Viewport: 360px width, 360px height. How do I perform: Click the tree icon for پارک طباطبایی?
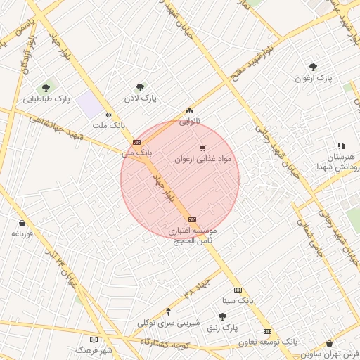pos(46,88)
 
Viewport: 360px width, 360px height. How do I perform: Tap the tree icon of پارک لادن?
pos(140,88)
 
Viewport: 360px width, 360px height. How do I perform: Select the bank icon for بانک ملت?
pos(108,114)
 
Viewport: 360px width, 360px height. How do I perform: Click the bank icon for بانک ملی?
pos(136,142)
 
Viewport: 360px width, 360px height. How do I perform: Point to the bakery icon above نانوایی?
pos(188,110)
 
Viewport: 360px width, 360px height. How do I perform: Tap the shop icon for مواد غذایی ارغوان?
pos(202,148)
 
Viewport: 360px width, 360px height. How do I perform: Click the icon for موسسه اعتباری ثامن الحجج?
pos(193,219)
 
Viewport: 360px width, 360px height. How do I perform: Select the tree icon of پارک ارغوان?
pos(312,67)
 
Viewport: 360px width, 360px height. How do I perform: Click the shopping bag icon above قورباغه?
pos(22,223)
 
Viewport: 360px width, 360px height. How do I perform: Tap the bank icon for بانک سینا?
pos(238,290)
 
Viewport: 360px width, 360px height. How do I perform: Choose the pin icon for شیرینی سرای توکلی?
pos(167,311)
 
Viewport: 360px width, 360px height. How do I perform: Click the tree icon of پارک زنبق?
pos(222,317)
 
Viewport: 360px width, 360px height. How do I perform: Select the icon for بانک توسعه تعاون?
pos(267,331)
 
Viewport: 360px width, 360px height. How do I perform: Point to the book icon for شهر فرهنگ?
pos(84,339)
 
